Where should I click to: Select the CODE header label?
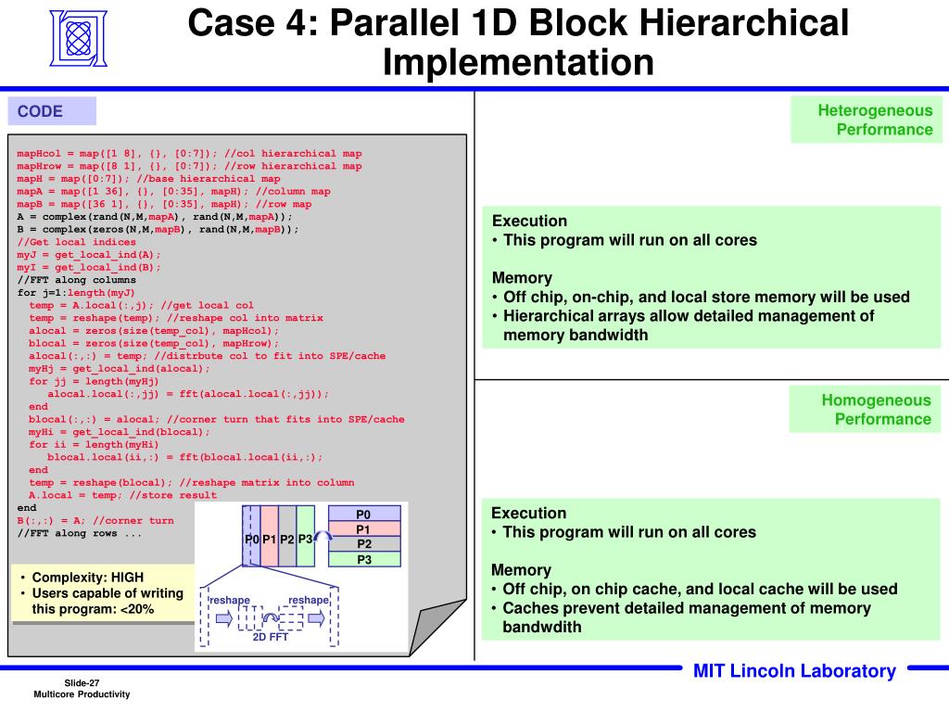40,111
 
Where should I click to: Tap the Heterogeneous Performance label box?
867,121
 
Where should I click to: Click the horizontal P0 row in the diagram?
363,515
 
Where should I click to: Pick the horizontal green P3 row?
363,559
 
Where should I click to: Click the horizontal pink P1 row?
363,529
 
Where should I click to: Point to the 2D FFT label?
272,636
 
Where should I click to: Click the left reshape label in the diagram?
229,600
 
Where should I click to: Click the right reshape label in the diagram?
308,600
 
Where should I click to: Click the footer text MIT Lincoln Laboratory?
794,671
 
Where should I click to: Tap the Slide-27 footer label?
82,682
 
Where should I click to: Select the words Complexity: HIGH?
88,577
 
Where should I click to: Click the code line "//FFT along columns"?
76,280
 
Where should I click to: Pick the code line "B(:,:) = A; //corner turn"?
95,520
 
